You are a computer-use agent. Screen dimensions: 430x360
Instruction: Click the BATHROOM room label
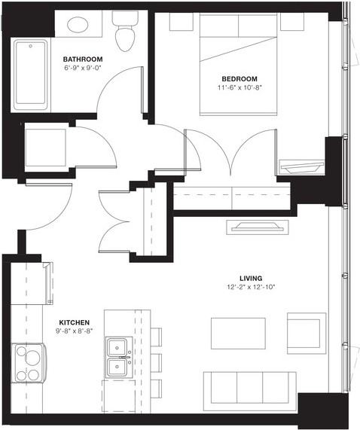click(x=83, y=59)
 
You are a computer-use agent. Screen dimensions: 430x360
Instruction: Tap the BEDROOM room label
click(x=239, y=78)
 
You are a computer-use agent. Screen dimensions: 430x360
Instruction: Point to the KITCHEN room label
click(x=75, y=321)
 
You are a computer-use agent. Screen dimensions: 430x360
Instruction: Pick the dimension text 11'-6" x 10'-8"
click(x=239, y=87)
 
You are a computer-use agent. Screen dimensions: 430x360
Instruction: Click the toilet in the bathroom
click(x=124, y=31)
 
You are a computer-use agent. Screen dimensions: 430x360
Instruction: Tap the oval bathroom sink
click(x=78, y=24)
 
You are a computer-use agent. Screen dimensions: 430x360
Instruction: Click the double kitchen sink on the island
click(x=117, y=358)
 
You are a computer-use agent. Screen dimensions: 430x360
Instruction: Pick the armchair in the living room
click(x=307, y=332)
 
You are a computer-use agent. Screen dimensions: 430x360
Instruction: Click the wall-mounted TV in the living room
click(x=259, y=227)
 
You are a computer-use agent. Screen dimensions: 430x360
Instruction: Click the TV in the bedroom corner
click(x=301, y=164)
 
